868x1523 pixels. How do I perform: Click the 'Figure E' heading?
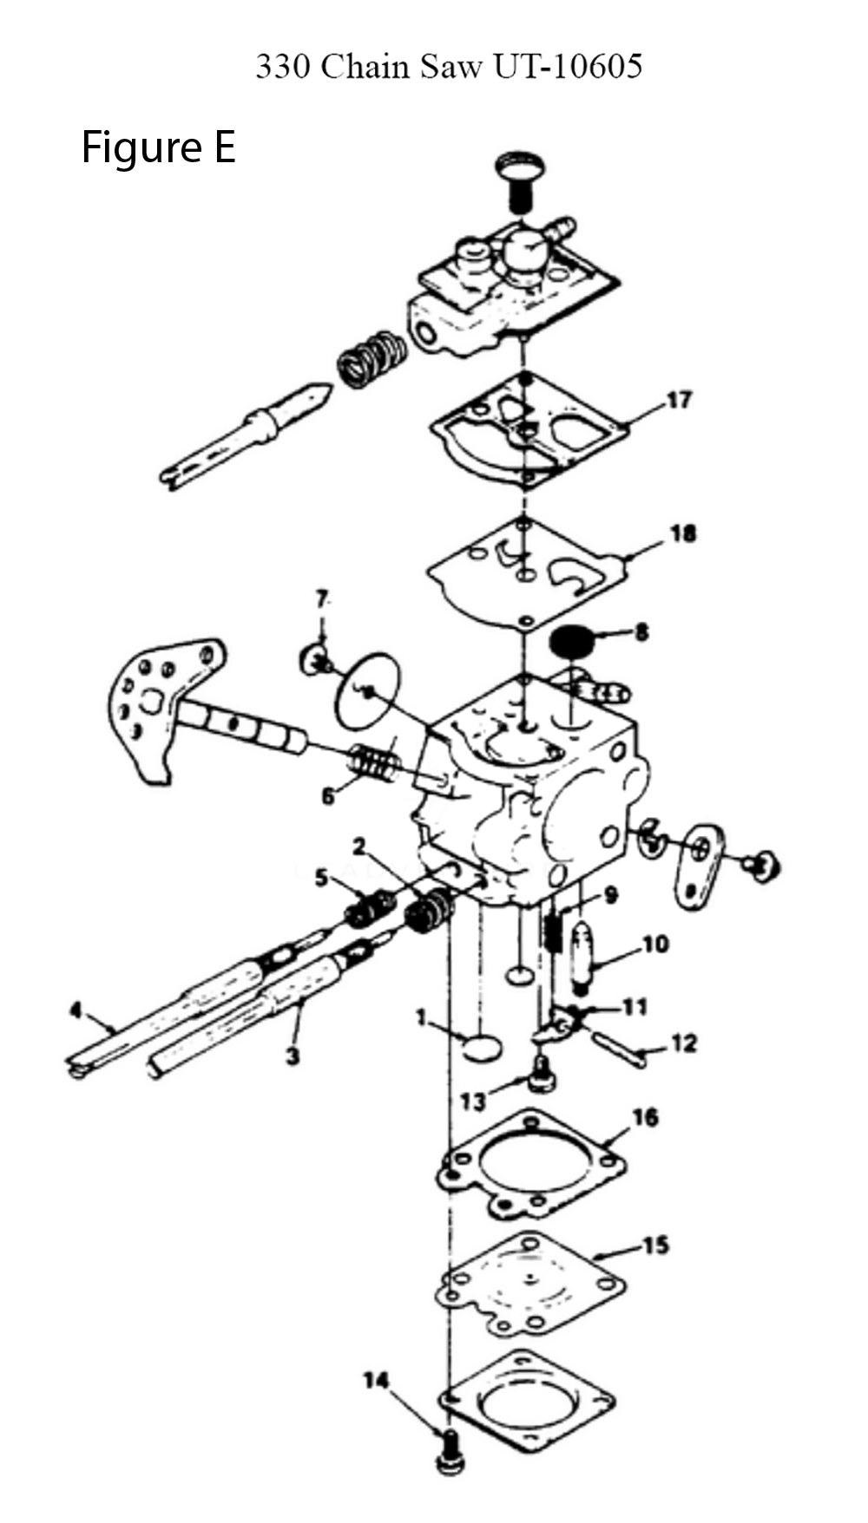[159, 147]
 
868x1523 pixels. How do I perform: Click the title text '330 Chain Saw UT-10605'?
[449, 67]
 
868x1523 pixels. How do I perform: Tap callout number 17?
[680, 400]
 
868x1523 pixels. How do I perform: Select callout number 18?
[684, 533]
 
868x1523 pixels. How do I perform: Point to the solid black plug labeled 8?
[570, 644]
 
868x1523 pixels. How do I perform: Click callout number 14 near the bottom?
[376, 1380]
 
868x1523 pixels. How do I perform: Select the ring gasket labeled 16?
[529, 1165]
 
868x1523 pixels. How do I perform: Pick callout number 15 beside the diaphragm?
[656, 1245]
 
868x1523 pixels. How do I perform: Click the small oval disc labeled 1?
[482, 1047]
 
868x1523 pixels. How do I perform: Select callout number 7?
[322, 598]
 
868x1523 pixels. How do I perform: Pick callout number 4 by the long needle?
[76, 1010]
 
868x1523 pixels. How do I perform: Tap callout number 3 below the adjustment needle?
[293, 1056]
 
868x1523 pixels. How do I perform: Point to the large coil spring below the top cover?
[371, 359]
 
